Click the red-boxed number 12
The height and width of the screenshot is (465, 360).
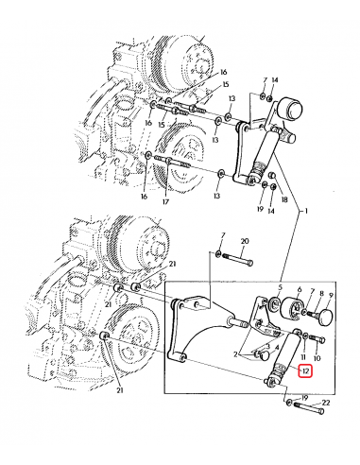(305, 370)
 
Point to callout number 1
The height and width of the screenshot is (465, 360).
(305, 211)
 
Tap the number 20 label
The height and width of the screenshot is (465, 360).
(245, 241)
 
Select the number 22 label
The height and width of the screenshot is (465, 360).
(326, 403)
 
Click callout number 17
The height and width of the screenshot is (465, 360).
(166, 201)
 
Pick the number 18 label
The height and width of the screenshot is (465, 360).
(284, 199)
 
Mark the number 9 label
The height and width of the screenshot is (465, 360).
(331, 295)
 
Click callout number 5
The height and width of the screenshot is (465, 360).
(281, 287)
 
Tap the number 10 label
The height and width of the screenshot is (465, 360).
(317, 358)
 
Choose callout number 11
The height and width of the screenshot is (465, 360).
(303, 357)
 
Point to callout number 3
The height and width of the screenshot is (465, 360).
(268, 346)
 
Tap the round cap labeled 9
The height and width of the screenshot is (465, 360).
(326, 317)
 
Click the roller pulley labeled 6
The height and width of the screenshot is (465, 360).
(291, 308)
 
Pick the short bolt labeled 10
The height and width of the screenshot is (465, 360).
(318, 339)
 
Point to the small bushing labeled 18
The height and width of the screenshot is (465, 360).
(272, 175)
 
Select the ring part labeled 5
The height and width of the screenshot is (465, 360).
(276, 303)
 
